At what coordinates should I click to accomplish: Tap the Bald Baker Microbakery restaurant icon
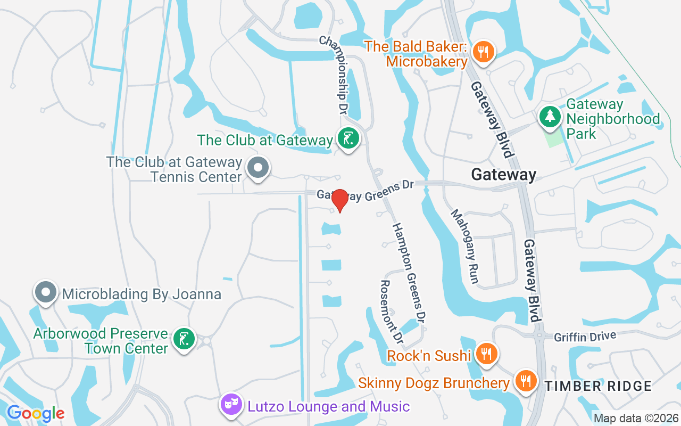(x=484, y=52)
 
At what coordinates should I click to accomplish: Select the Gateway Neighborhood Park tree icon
(x=550, y=116)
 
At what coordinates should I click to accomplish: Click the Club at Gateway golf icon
(x=348, y=140)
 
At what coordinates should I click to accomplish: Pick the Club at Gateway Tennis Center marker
(x=258, y=167)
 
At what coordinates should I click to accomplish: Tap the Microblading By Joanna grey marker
(x=46, y=292)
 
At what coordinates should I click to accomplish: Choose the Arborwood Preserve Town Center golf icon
(x=184, y=340)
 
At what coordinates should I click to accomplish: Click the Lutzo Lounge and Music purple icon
(x=230, y=405)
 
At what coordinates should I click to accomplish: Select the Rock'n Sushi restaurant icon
(x=486, y=353)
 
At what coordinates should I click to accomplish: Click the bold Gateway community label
(x=503, y=174)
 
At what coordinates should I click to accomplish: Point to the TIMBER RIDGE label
(x=598, y=386)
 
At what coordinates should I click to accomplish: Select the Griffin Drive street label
(x=585, y=337)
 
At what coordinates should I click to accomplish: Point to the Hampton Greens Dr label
(x=409, y=273)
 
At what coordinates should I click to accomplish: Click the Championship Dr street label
(x=334, y=75)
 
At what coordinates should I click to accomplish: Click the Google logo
(x=36, y=413)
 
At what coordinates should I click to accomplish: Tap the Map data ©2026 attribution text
(x=636, y=418)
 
